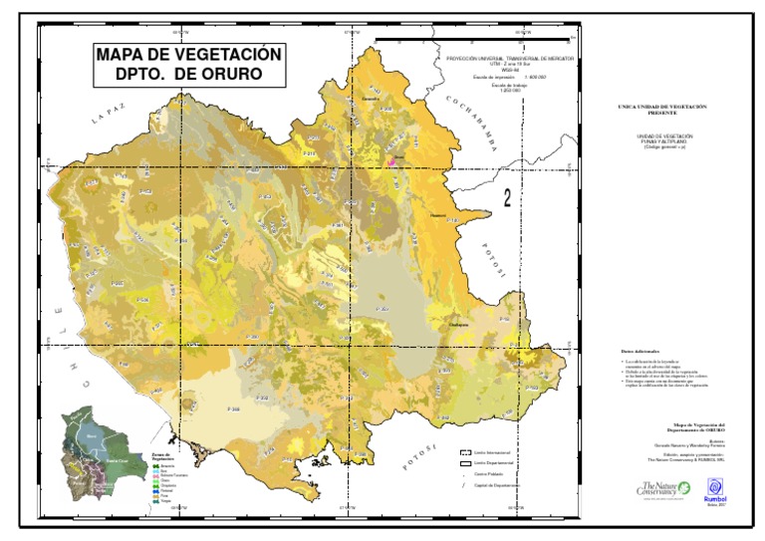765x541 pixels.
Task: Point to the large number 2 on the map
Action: click(508, 198)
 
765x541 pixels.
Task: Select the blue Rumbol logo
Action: click(715, 485)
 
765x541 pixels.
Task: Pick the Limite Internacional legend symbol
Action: click(464, 452)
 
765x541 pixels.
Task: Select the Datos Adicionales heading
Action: click(640, 352)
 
